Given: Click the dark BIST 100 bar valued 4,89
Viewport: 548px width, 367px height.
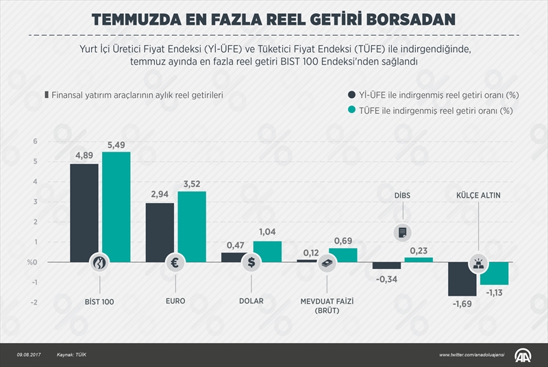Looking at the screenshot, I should (84, 213).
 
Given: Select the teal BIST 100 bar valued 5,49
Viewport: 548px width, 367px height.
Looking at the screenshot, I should (116, 206).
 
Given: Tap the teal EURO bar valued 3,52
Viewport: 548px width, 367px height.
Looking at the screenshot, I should (191, 226).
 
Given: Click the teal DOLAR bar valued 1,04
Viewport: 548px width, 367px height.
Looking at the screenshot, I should (267, 251).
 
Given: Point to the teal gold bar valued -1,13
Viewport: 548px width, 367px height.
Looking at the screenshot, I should (494, 273).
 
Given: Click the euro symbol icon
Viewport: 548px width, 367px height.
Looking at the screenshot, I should (175, 262).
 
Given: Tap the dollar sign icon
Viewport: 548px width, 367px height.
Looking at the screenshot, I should (251, 262).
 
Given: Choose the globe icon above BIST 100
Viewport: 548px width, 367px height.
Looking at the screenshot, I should (100, 262).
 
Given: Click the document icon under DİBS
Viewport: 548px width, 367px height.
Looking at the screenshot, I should (402, 233).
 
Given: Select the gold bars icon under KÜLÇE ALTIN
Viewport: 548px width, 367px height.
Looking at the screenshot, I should (477, 262).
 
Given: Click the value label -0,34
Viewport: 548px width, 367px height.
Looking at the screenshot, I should (386, 279).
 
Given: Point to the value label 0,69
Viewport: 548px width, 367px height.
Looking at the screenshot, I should (342, 240).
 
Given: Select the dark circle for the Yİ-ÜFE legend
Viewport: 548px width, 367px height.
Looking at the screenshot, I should (353, 95).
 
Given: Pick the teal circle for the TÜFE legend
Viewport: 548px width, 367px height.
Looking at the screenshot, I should (353, 110).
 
